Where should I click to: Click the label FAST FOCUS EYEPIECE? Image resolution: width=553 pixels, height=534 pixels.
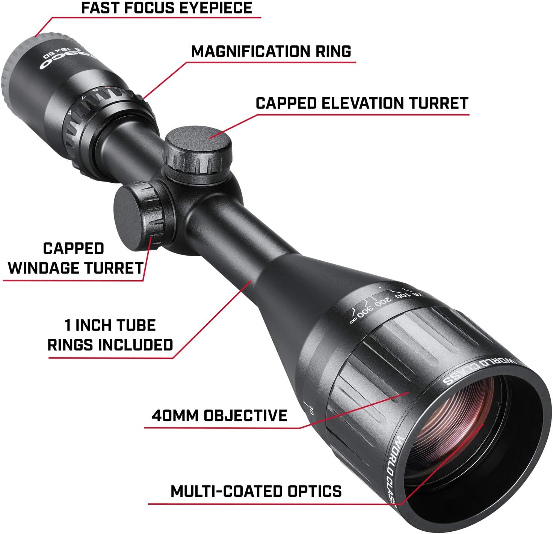click(166, 8)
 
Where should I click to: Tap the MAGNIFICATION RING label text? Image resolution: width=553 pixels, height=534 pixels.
click(271, 51)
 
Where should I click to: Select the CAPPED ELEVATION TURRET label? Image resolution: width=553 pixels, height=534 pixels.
click(362, 103)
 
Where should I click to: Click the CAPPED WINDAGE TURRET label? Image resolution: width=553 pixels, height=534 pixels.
click(75, 258)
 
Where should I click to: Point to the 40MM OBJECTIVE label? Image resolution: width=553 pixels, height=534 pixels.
click(219, 415)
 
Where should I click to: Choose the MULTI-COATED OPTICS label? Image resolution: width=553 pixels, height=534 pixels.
click(256, 491)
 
